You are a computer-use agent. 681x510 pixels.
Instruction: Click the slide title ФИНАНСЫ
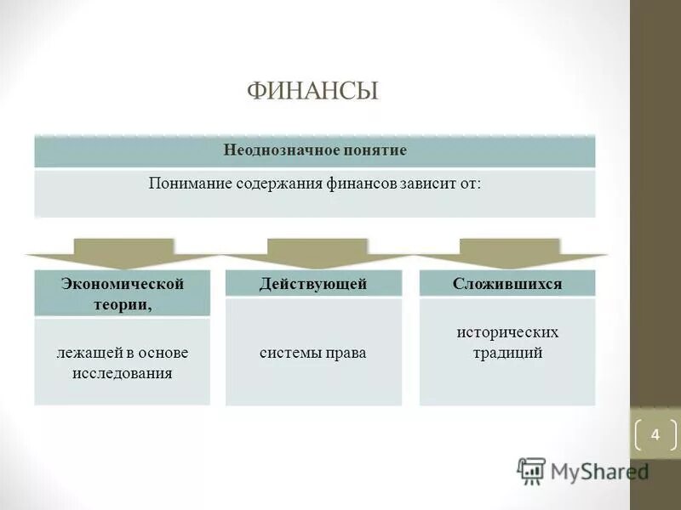click(x=312, y=91)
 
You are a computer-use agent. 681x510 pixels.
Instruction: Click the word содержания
click(x=282, y=183)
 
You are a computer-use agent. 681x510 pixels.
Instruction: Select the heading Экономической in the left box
click(x=122, y=283)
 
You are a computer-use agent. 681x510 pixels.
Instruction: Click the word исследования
click(x=122, y=373)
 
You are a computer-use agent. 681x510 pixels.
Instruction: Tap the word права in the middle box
click(x=346, y=352)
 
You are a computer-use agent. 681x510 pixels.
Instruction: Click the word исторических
click(x=507, y=332)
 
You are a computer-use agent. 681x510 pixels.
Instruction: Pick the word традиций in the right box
click(x=507, y=353)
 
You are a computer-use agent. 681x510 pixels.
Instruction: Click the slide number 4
click(x=655, y=435)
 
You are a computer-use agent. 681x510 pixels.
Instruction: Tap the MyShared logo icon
click(x=531, y=471)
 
